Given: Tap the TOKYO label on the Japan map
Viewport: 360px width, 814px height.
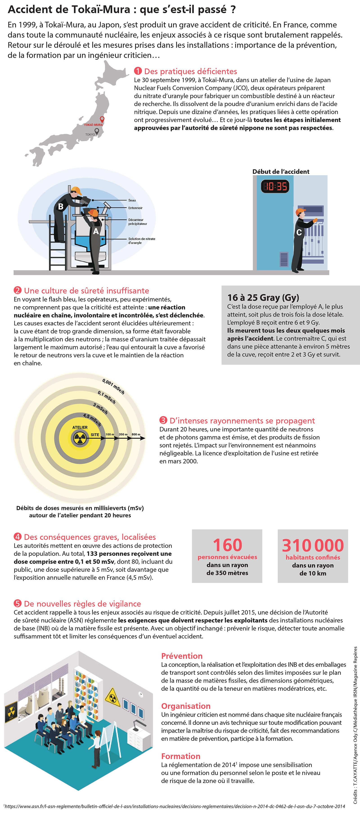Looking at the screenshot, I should pos(90,135).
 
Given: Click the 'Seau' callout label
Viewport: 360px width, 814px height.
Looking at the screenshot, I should pos(132,200).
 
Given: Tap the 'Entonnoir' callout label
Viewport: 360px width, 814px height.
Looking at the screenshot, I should pos(135,208).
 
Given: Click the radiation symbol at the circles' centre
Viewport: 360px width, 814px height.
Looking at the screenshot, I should pos(80,438).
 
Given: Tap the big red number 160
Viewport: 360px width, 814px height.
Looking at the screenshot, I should pos(227,545).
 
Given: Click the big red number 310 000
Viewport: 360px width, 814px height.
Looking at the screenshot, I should pos(313,545).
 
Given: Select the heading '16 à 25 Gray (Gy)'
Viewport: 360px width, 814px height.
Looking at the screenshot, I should pos(263,297).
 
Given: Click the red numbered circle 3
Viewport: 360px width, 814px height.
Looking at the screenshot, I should pos(163,420).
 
